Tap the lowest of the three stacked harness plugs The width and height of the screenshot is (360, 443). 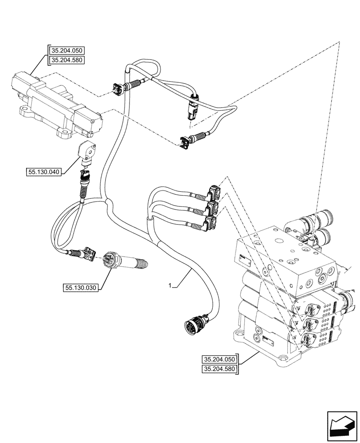(210, 223)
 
